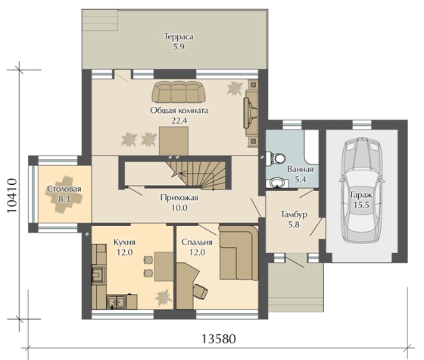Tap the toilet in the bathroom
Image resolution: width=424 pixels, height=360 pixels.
[x=276, y=158]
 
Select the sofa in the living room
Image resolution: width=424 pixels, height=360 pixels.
[x=179, y=92]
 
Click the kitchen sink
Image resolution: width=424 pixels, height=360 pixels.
[x=117, y=302]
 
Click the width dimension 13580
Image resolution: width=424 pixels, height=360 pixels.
[x=219, y=339]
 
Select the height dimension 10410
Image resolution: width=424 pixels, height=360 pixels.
[x=11, y=196]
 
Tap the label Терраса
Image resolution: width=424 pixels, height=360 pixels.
[x=179, y=36]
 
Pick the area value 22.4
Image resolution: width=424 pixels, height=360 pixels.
[x=179, y=121]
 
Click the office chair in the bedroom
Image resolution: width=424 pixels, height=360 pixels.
[x=201, y=292]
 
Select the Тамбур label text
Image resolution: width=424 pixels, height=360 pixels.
[x=294, y=214]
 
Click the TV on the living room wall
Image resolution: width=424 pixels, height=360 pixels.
[x=250, y=112]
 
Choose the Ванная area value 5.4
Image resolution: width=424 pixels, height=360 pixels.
[x=301, y=179]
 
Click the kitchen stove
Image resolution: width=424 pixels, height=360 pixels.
[x=98, y=274]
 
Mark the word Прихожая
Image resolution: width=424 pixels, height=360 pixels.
[x=179, y=198]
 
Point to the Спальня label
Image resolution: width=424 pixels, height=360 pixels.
[x=197, y=242]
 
